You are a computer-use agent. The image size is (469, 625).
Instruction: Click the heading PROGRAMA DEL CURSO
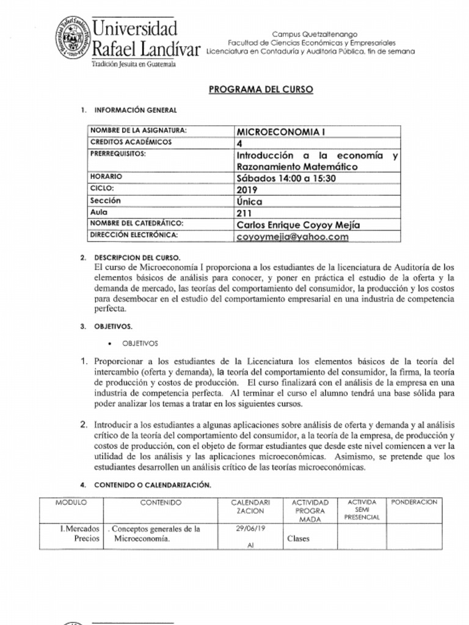tap(261, 89)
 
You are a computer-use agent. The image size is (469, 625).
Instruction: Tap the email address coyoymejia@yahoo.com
tap(292, 237)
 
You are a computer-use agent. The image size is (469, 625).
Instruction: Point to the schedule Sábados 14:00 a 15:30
tap(286, 178)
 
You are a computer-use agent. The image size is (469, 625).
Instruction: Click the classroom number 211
tap(244, 213)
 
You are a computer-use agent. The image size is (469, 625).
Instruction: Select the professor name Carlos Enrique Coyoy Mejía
tap(297, 225)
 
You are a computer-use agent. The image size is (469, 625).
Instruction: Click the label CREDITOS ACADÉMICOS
tap(131, 142)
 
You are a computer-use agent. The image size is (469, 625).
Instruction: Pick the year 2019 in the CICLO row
tap(247, 189)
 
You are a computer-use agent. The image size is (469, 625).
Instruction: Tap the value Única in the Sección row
tap(249, 201)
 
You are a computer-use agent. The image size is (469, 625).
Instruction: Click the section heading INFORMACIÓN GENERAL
tap(135, 110)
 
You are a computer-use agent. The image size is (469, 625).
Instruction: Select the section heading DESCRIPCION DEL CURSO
tap(137, 258)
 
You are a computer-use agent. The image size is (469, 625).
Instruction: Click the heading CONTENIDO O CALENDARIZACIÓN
tap(153, 485)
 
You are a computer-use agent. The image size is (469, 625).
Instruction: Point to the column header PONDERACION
tap(414, 502)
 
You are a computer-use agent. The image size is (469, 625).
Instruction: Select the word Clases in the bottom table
tap(298, 539)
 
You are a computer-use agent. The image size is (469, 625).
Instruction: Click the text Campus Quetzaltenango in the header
tap(314, 34)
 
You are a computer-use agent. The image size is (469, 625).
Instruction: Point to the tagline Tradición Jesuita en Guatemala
tap(133, 64)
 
